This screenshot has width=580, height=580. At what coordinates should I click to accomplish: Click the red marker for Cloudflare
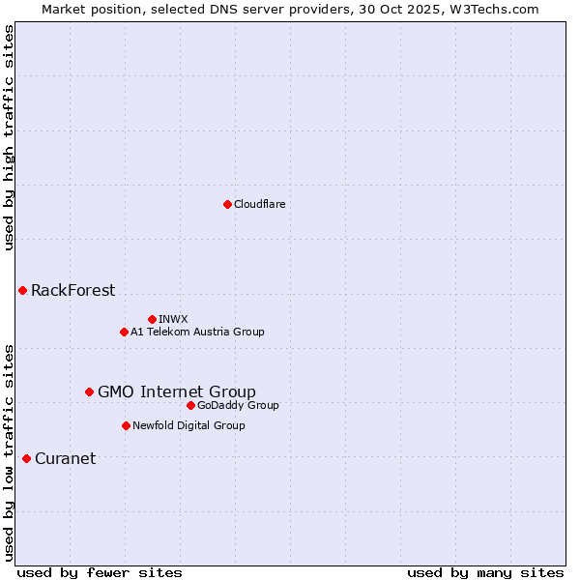tap(227, 204)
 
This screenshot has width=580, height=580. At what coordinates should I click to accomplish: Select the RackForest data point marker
tap(22, 290)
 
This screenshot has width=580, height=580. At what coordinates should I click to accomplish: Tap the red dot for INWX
tap(152, 319)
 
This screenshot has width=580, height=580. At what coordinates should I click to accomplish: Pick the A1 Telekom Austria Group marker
tap(124, 332)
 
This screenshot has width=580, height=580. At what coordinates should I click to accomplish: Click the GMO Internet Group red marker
tap(89, 391)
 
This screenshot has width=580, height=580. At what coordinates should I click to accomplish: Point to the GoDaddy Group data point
tap(190, 405)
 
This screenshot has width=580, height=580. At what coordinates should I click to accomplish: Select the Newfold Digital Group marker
tap(126, 425)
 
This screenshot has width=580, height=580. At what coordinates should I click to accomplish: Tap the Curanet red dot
tap(26, 458)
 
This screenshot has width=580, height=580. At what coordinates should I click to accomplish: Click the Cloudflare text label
tap(260, 204)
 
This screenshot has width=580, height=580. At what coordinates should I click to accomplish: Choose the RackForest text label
tap(72, 290)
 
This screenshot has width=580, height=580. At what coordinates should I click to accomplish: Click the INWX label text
tap(173, 319)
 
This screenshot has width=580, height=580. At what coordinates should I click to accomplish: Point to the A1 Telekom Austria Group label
tap(197, 332)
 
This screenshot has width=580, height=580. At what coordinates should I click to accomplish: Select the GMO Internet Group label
tap(177, 391)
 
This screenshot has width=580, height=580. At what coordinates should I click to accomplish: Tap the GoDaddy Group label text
tap(238, 405)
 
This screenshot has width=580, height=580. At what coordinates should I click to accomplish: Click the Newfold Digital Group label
tap(188, 425)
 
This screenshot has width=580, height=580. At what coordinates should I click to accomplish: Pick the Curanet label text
tap(65, 458)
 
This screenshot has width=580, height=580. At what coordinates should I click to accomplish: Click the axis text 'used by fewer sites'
tap(100, 572)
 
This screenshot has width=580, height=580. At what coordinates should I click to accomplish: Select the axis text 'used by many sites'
tap(485, 572)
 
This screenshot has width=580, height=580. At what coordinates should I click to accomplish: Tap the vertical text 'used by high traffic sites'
tap(9, 137)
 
